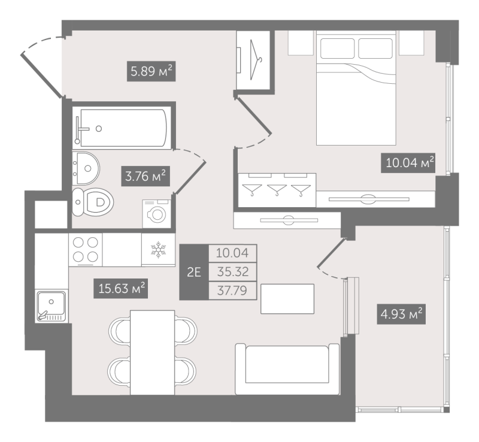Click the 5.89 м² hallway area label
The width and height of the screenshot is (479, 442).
click(x=151, y=71)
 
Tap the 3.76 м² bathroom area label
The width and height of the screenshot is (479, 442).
click(x=145, y=176)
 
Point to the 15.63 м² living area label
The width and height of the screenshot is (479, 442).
click(x=121, y=288)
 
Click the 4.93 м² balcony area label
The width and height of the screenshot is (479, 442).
click(x=401, y=314)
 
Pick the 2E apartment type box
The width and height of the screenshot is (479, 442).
click(x=194, y=272)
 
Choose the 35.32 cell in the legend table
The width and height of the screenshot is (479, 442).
click(x=233, y=272)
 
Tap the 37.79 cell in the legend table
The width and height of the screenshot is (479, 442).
click(x=233, y=290)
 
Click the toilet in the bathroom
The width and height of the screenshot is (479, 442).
click(x=93, y=202)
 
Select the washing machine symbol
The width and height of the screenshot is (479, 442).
click(x=157, y=214)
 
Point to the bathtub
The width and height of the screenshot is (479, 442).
click(x=122, y=128)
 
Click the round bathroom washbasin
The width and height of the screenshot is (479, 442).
click(x=86, y=168)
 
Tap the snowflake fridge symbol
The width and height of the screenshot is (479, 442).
click(x=158, y=249)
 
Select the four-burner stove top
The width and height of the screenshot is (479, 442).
click(x=86, y=249)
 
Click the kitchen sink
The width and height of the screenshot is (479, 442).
click(x=51, y=306)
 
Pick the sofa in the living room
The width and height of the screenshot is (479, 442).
click(x=287, y=369)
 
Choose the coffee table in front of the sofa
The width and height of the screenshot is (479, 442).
click(x=287, y=299)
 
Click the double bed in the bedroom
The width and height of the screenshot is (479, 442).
click(x=356, y=87)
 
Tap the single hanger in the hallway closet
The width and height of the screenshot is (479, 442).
click(x=256, y=60)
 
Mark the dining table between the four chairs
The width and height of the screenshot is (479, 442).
click(x=153, y=352)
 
